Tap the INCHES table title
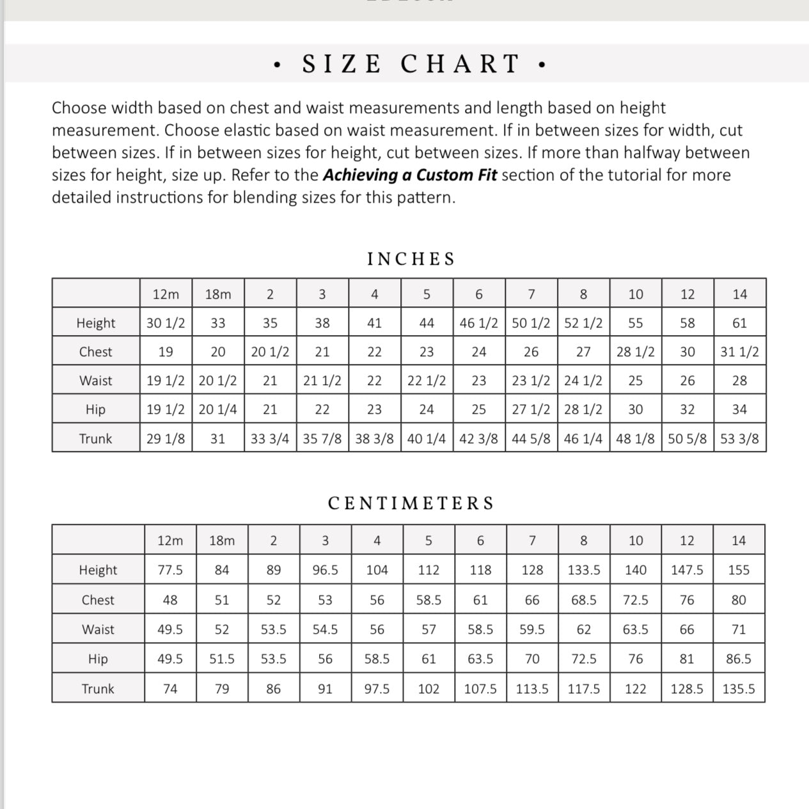click(411, 259)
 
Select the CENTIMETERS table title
click(411, 503)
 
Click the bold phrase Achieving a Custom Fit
click(409, 175)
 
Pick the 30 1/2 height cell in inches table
click(166, 323)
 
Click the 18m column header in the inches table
click(218, 294)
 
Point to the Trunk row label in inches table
click(95, 439)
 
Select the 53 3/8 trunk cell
click(739, 439)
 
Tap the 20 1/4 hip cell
click(218, 409)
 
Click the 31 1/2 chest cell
click(739, 352)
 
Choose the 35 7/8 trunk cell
click(322, 439)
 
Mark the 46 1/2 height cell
click(478, 323)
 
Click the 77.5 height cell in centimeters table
click(170, 570)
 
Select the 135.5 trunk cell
click(739, 689)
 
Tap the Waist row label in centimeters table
click(98, 629)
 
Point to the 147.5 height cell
click(687, 570)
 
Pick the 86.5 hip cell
click(739, 659)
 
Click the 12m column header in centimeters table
click(170, 540)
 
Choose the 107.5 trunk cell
click(480, 689)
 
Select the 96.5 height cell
click(325, 570)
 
